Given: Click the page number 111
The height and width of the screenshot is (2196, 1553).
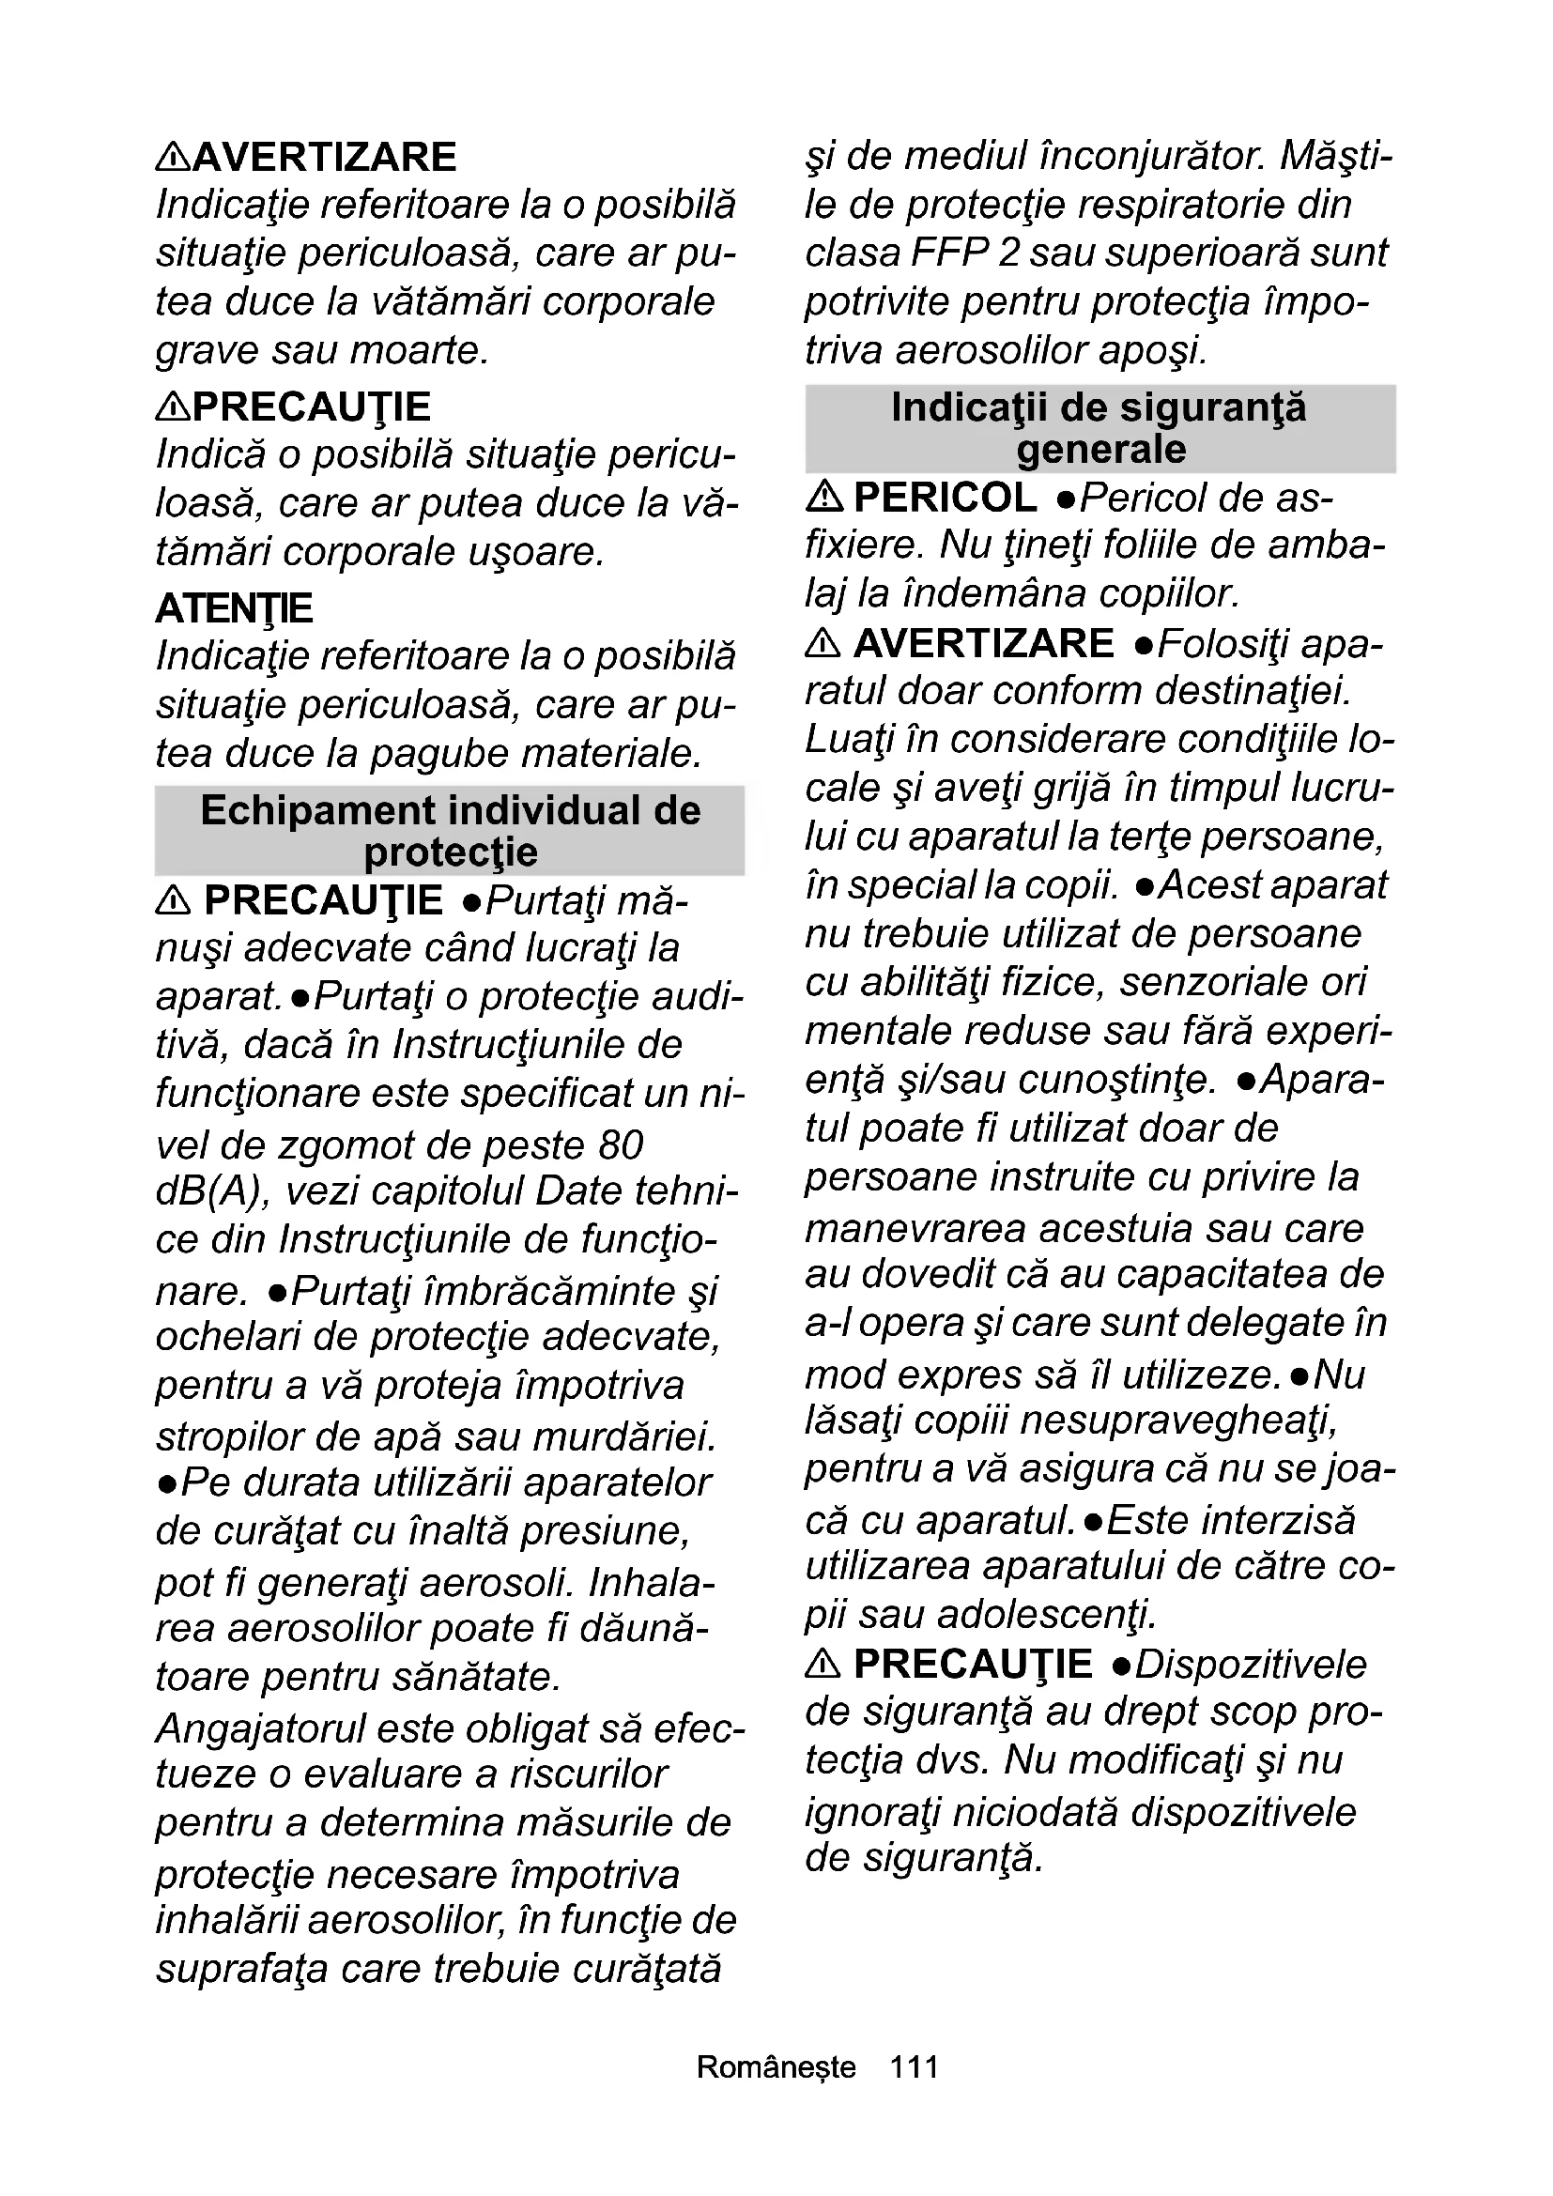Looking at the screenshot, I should point(914,2066).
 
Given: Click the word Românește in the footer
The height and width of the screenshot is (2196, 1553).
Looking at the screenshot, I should point(776,2066).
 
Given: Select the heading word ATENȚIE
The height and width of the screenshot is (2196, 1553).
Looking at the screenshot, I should point(235,608).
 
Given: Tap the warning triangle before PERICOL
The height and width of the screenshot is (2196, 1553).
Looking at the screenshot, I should point(823,497).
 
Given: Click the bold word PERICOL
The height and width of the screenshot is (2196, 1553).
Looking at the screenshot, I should point(945,498).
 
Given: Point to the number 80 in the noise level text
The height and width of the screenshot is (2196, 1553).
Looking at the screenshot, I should point(621,1144).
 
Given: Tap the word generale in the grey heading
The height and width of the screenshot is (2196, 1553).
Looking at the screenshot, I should point(1100,450).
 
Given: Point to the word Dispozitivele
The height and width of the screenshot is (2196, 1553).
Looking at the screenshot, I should point(1251,1665).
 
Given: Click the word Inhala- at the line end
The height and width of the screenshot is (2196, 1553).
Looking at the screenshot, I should point(652,1582).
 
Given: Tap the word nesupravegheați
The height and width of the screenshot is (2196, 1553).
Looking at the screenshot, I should point(1179,1420).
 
